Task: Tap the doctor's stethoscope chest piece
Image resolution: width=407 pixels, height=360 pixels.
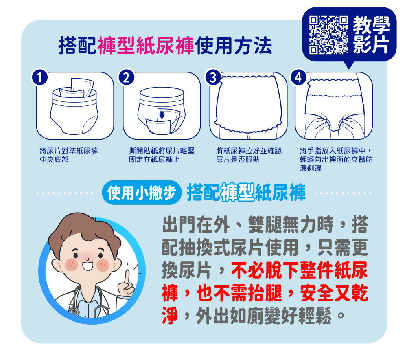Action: click(x=74, y=311)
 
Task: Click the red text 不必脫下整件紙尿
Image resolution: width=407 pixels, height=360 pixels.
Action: click(x=300, y=271)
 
